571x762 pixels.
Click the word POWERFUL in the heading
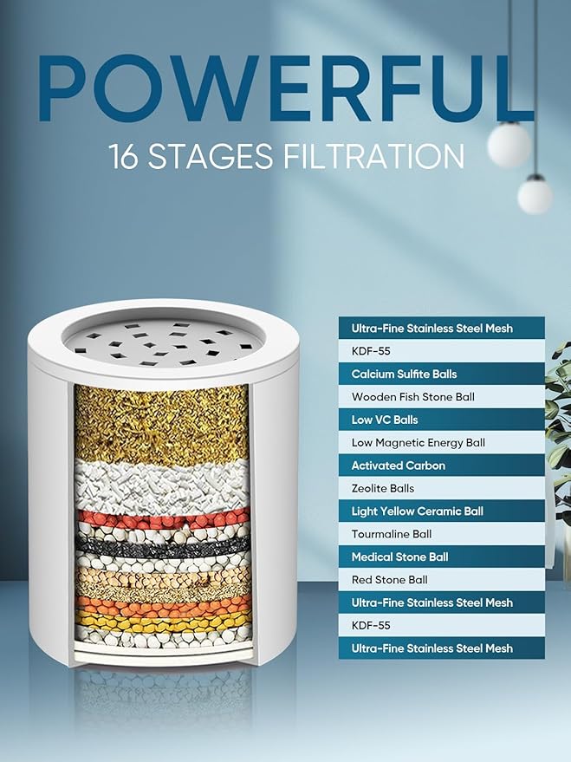click(286, 89)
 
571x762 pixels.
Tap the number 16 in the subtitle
click(125, 157)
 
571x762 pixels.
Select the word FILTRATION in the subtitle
click(373, 157)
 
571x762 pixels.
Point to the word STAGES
click(211, 157)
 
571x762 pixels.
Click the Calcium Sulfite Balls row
click(441, 374)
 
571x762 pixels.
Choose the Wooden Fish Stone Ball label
click(441, 396)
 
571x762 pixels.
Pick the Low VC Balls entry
click(441, 420)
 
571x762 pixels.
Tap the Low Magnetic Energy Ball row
click(441, 442)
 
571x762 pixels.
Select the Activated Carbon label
click(441, 465)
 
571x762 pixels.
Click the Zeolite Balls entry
click(441, 488)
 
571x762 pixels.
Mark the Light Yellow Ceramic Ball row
click(441, 511)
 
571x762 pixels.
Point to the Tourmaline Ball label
click(441, 534)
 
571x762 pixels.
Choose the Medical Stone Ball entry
click(441, 557)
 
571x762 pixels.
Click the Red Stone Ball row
click(441, 579)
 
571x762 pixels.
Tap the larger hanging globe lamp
click(509, 144)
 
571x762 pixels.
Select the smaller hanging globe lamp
click(535, 196)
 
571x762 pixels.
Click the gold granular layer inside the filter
click(162, 424)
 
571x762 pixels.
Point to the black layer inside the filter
click(164, 547)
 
